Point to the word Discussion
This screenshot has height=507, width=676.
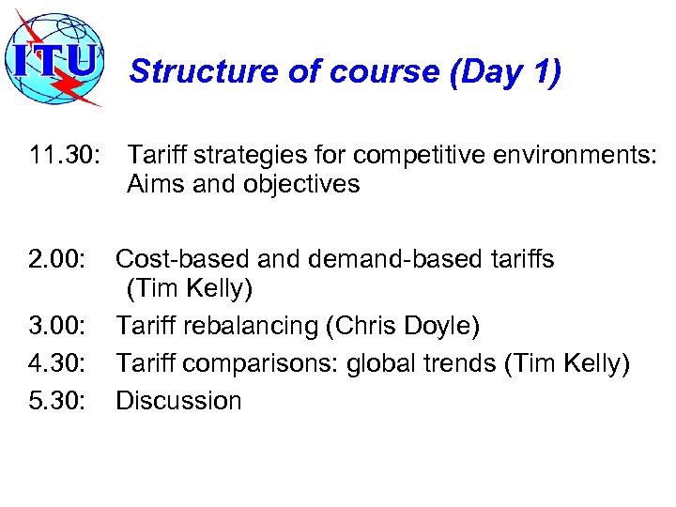click(x=178, y=401)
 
